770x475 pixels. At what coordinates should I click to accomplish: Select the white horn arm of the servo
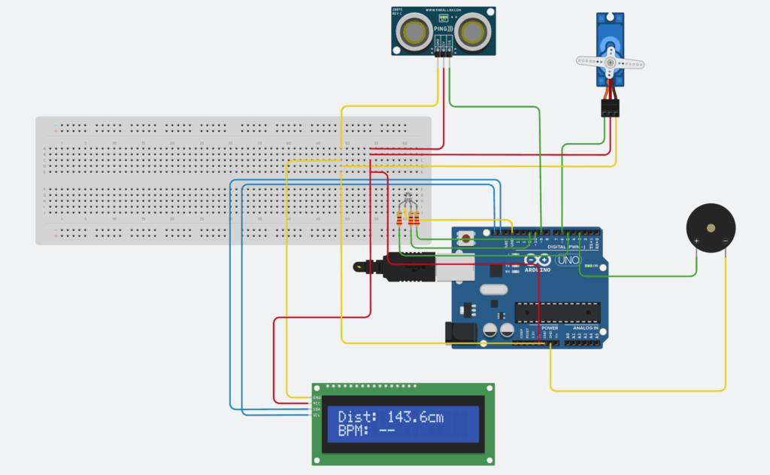(610, 62)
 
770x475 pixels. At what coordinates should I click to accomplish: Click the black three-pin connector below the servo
(610, 108)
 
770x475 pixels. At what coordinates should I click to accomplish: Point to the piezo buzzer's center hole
(711, 227)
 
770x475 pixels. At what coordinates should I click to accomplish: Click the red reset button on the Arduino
(468, 239)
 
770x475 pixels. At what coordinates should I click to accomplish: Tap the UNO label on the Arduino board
(571, 260)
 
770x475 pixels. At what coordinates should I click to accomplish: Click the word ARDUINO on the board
(537, 269)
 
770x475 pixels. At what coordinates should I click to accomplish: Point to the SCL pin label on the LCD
(317, 416)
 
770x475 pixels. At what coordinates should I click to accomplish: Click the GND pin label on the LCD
(317, 397)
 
